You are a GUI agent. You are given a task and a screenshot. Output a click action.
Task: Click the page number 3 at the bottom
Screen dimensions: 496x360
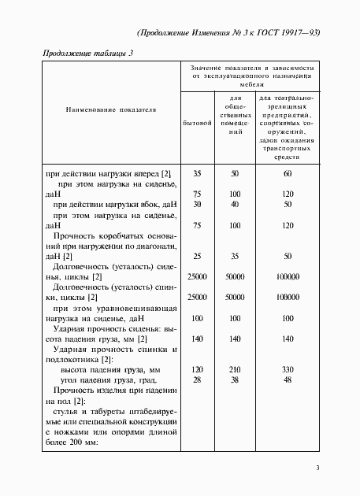pyautogui.click(x=317, y=468)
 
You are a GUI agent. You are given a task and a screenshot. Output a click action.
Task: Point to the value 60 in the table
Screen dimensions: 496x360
pyautogui.click(x=287, y=172)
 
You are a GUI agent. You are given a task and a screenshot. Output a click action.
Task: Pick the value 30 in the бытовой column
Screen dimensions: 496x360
pyautogui.click(x=197, y=204)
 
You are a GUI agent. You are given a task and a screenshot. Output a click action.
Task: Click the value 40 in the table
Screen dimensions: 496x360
pyautogui.click(x=235, y=204)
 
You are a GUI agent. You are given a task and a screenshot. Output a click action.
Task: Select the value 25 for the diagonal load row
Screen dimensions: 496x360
pyautogui.click(x=197, y=256)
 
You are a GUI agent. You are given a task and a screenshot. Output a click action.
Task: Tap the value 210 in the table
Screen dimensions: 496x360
pyautogui.click(x=235, y=369)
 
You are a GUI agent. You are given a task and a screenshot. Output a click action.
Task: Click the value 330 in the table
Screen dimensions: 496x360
pyautogui.click(x=287, y=369)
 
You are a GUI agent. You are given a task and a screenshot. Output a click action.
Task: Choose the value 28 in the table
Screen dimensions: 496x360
pyautogui.click(x=197, y=379)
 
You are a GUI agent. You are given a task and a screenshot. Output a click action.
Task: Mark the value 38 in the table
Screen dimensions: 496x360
pyautogui.click(x=235, y=379)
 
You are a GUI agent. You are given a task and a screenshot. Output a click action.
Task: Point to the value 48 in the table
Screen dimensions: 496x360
pyautogui.click(x=287, y=379)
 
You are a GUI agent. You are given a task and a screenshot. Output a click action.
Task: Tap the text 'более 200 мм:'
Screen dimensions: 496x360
pyautogui.click(x=72, y=441)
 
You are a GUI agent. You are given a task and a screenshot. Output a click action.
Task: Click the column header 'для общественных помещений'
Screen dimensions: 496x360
pyautogui.click(x=235, y=116)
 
